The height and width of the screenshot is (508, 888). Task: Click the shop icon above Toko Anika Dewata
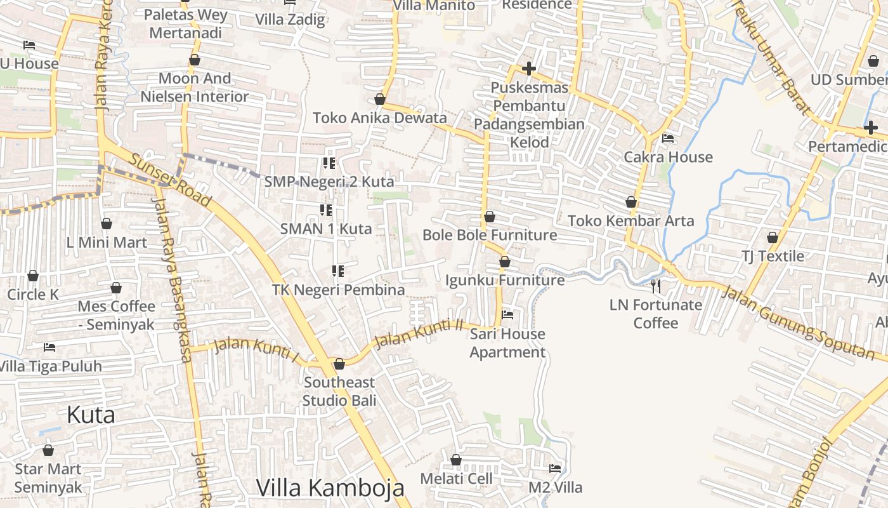point(380,99)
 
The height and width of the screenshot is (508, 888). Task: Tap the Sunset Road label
point(170,180)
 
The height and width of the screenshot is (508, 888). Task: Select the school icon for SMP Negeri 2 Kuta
point(329,163)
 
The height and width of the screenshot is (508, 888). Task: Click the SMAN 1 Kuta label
point(326,229)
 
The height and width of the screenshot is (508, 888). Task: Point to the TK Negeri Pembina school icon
point(338,271)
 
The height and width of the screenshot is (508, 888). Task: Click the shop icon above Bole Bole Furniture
point(490,217)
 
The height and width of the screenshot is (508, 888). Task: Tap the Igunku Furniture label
point(505,280)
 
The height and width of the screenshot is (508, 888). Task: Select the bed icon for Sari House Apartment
point(507,314)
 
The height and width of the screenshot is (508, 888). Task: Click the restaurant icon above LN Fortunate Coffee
point(656,286)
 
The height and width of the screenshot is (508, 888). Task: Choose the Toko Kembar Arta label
point(631,221)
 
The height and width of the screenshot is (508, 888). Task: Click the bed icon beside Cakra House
point(668,138)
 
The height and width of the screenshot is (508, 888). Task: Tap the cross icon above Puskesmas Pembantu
point(529,69)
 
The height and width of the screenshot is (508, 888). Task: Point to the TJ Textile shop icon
point(773,237)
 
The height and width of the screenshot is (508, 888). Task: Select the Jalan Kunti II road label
point(418,333)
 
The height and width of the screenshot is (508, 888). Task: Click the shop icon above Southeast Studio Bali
point(339,364)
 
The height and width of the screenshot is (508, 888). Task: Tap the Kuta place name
point(91,415)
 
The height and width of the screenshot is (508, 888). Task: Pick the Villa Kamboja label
point(330,488)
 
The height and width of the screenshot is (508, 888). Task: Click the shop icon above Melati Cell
point(456,460)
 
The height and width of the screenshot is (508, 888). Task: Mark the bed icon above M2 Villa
point(555,469)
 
